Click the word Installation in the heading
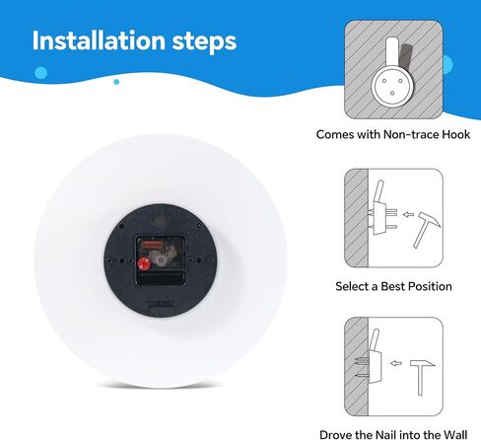pyautogui.click(x=99, y=40)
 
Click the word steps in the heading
pyautogui.click(x=204, y=42)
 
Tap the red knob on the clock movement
pyautogui.click(x=144, y=263)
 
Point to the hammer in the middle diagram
pyautogui.click(x=426, y=229)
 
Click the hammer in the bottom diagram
pyautogui.click(x=422, y=377)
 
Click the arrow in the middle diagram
pyautogui.click(x=408, y=215)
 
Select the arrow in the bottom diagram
pyautogui.click(x=396, y=363)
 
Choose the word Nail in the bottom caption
pyautogui.click(x=386, y=434)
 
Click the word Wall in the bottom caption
pyautogui.click(x=454, y=434)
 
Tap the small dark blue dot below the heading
pyautogui.click(x=116, y=82)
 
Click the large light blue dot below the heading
pyautogui.click(x=40, y=73)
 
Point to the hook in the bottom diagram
pyautogui.click(x=376, y=360)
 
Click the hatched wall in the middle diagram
pyautogui.click(x=356, y=218)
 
